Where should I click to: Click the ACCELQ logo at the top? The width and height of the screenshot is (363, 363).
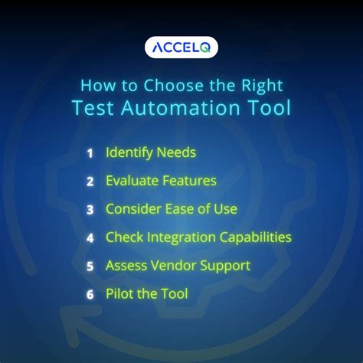[x=181, y=47]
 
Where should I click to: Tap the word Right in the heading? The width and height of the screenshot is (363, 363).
[x=259, y=83]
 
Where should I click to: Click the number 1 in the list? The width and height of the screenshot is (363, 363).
[x=90, y=153]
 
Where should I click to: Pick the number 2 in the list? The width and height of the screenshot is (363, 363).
[x=90, y=181]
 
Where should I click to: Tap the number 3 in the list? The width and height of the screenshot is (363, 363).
[x=90, y=210]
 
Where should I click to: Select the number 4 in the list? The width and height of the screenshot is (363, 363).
[x=90, y=238]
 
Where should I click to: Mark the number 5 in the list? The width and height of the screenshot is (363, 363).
[x=90, y=267]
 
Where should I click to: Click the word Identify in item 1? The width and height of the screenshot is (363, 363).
[x=129, y=153]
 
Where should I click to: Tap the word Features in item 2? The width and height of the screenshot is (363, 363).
[x=189, y=181]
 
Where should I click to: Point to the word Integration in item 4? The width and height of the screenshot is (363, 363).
[x=177, y=238]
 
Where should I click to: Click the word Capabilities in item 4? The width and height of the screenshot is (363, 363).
[x=253, y=238]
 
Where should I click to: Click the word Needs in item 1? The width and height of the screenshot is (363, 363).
[x=176, y=153]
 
